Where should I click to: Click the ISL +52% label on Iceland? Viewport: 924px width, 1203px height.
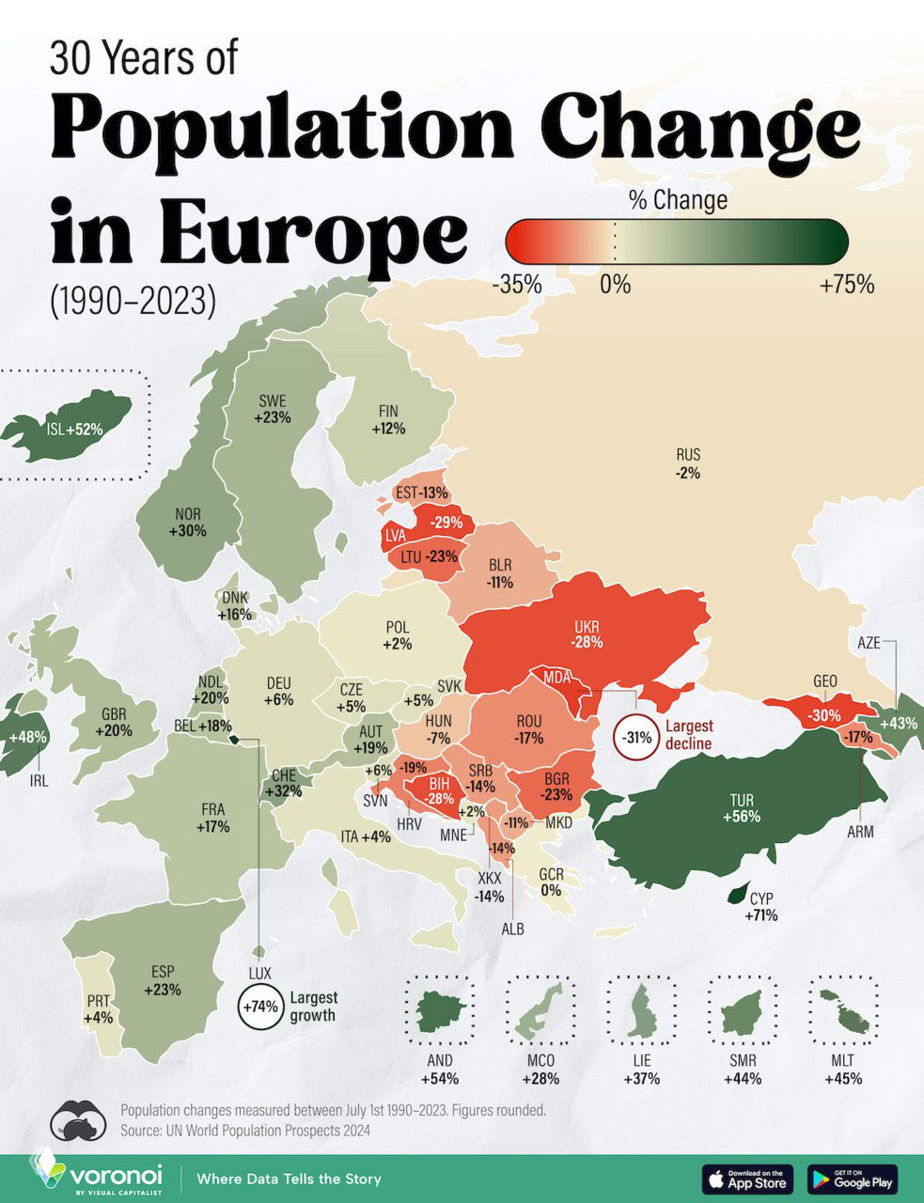pyautogui.click(x=73, y=430)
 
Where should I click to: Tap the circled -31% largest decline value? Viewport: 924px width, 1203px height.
pyautogui.click(x=636, y=737)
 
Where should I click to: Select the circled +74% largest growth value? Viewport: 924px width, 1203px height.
pyautogui.click(x=260, y=1006)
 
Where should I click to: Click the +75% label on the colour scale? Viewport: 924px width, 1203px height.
pyautogui.click(x=846, y=284)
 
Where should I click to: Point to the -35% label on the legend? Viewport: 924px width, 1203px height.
pyautogui.click(x=516, y=284)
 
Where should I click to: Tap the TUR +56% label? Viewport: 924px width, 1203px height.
pyautogui.click(x=741, y=808)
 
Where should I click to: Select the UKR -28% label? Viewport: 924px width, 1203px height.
pyautogui.click(x=586, y=635)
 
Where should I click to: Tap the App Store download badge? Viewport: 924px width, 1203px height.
pyautogui.click(x=747, y=1179)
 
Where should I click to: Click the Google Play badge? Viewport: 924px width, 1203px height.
pyautogui.click(x=852, y=1179)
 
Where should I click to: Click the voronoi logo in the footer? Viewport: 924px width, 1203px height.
pyautogui.click(x=98, y=1176)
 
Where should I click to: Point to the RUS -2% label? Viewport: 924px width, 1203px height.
pyautogui.click(x=687, y=464)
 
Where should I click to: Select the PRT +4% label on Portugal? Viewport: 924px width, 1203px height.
pyautogui.click(x=98, y=1008)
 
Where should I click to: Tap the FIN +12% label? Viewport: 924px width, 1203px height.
pyautogui.click(x=388, y=419)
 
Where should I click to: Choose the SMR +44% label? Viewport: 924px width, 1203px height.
pyautogui.click(x=742, y=1070)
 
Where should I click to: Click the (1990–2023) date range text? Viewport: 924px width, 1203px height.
pyautogui.click(x=133, y=300)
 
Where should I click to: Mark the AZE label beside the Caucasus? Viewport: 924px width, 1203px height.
pyautogui.click(x=869, y=644)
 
